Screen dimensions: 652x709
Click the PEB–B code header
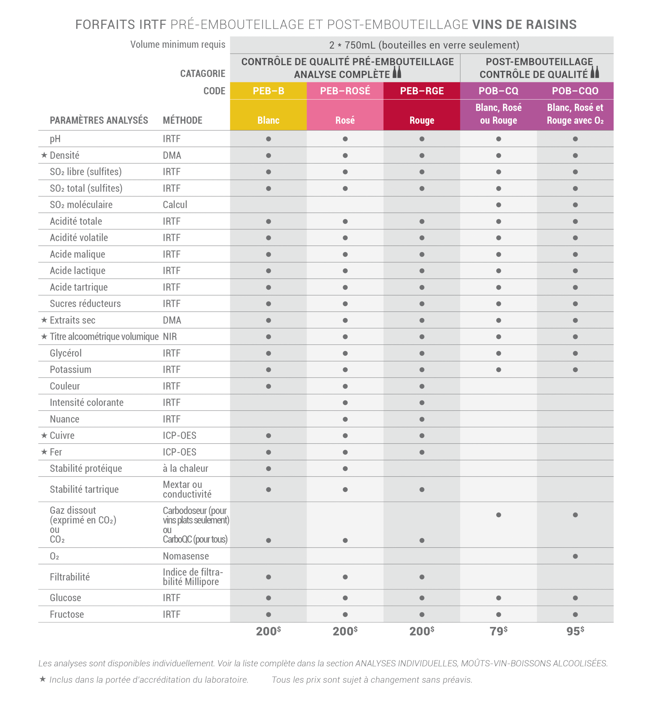click(x=268, y=91)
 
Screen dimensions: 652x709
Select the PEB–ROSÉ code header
click(x=345, y=91)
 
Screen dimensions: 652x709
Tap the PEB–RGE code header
click(x=422, y=91)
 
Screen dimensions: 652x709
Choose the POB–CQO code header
click(x=575, y=91)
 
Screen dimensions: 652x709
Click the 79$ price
click(x=498, y=631)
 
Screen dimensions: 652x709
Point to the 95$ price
click(x=575, y=631)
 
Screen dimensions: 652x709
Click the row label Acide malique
click(x=77, y=254)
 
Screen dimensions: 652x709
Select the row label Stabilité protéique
click(x=86, y=468)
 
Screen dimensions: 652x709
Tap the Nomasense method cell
click(x=186, y=556)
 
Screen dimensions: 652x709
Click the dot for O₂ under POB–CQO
click(x=575, y=556)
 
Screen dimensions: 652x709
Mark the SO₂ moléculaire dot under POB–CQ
click(x=498, y=205)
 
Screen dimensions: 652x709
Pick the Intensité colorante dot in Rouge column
click(x=422, y=403)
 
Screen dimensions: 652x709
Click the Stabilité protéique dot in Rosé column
click(x=345, y=469)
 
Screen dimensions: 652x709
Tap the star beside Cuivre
click(x=44, y=435)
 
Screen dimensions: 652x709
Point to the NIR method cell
click(x=170, y=337)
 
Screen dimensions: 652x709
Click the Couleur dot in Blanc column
click(x=269, y=386)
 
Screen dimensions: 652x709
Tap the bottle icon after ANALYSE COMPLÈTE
click(x=397, y=72)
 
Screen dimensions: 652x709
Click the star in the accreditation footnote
click(x=43, y=679)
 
